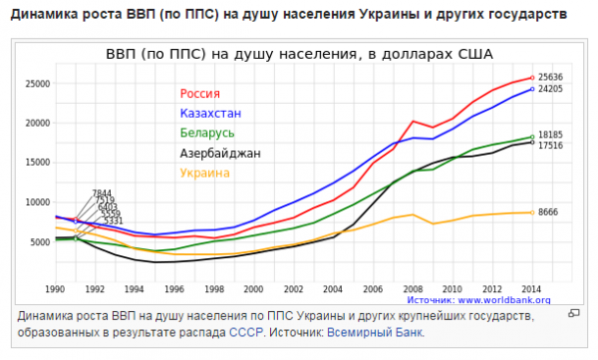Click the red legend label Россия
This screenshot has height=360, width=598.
click(x=200, y=94)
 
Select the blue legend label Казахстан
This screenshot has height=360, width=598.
click(x=209, y=113)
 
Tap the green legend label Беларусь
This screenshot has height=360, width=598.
click(x=207, y=133)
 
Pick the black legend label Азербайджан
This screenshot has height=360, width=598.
click(x=220, y=154)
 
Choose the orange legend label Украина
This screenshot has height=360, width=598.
click(x=205, y=174)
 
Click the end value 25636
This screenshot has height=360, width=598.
click(x=550, y=77)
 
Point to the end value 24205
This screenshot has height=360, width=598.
click(x=550, y=90)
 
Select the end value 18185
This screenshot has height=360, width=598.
click(x=550, y=135)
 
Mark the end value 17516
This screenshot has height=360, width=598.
click(x=550, y=146)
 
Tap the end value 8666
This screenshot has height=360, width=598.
click(x=548, y=212)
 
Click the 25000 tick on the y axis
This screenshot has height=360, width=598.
click(x=38, y=84)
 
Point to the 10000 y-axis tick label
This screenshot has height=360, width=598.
click(x=38, y=202)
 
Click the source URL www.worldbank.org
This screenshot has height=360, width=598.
click(x=504, y=298)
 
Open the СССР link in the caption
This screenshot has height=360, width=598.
click(x=244, y=333)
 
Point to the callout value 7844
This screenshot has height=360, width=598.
click(x=102, y=192)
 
